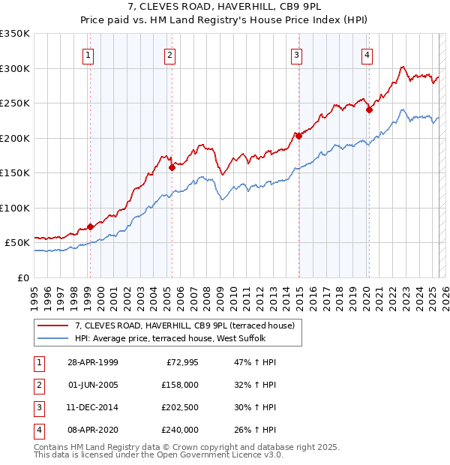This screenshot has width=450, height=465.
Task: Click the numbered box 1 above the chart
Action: coord(89,55)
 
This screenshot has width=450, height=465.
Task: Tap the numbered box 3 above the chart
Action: coord(297,55)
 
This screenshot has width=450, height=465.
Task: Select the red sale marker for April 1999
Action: coord(90,226)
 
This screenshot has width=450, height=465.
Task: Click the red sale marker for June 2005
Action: coord(172,168)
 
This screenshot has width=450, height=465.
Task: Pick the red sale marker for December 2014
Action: coord(298,136)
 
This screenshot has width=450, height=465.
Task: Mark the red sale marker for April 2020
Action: coord(369,110)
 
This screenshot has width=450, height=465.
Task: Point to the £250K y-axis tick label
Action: coord(14,103)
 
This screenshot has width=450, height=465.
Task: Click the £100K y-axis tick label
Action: coord(14,208)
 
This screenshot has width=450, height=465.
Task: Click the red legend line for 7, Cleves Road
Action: coord(54,325)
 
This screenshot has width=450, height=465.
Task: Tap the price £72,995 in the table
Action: coord(181,362)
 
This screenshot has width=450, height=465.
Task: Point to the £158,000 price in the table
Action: coord(181,385)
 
